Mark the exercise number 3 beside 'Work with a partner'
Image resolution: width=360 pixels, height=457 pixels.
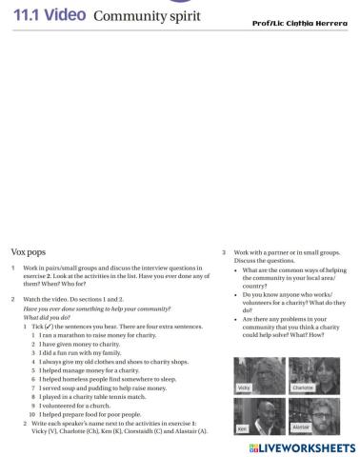(223, 253)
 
